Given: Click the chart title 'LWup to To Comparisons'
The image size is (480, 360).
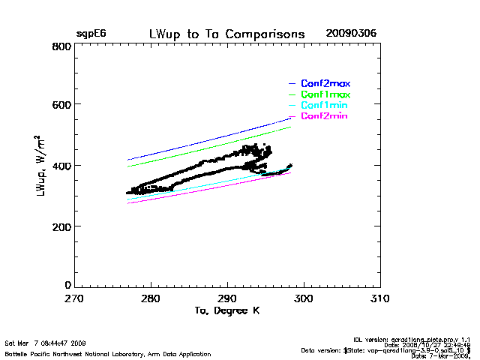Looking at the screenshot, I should (x=226, y=34).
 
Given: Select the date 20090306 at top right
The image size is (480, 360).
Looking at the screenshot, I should (x=351, y=34).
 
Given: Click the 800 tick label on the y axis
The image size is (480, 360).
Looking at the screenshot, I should (x=61, y=46).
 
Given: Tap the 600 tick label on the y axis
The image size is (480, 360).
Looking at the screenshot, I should (x=61, y=105).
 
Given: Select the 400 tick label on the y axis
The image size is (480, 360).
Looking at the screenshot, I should (x=61, y=165).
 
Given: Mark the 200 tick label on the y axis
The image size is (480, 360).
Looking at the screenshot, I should (x=61, y=226).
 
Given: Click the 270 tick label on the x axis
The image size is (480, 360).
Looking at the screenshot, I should (x=73, y=298).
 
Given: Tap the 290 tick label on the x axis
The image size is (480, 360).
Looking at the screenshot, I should (x=226, y=298).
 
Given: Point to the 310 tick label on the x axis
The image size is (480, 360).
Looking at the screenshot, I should (x=379, y=298).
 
